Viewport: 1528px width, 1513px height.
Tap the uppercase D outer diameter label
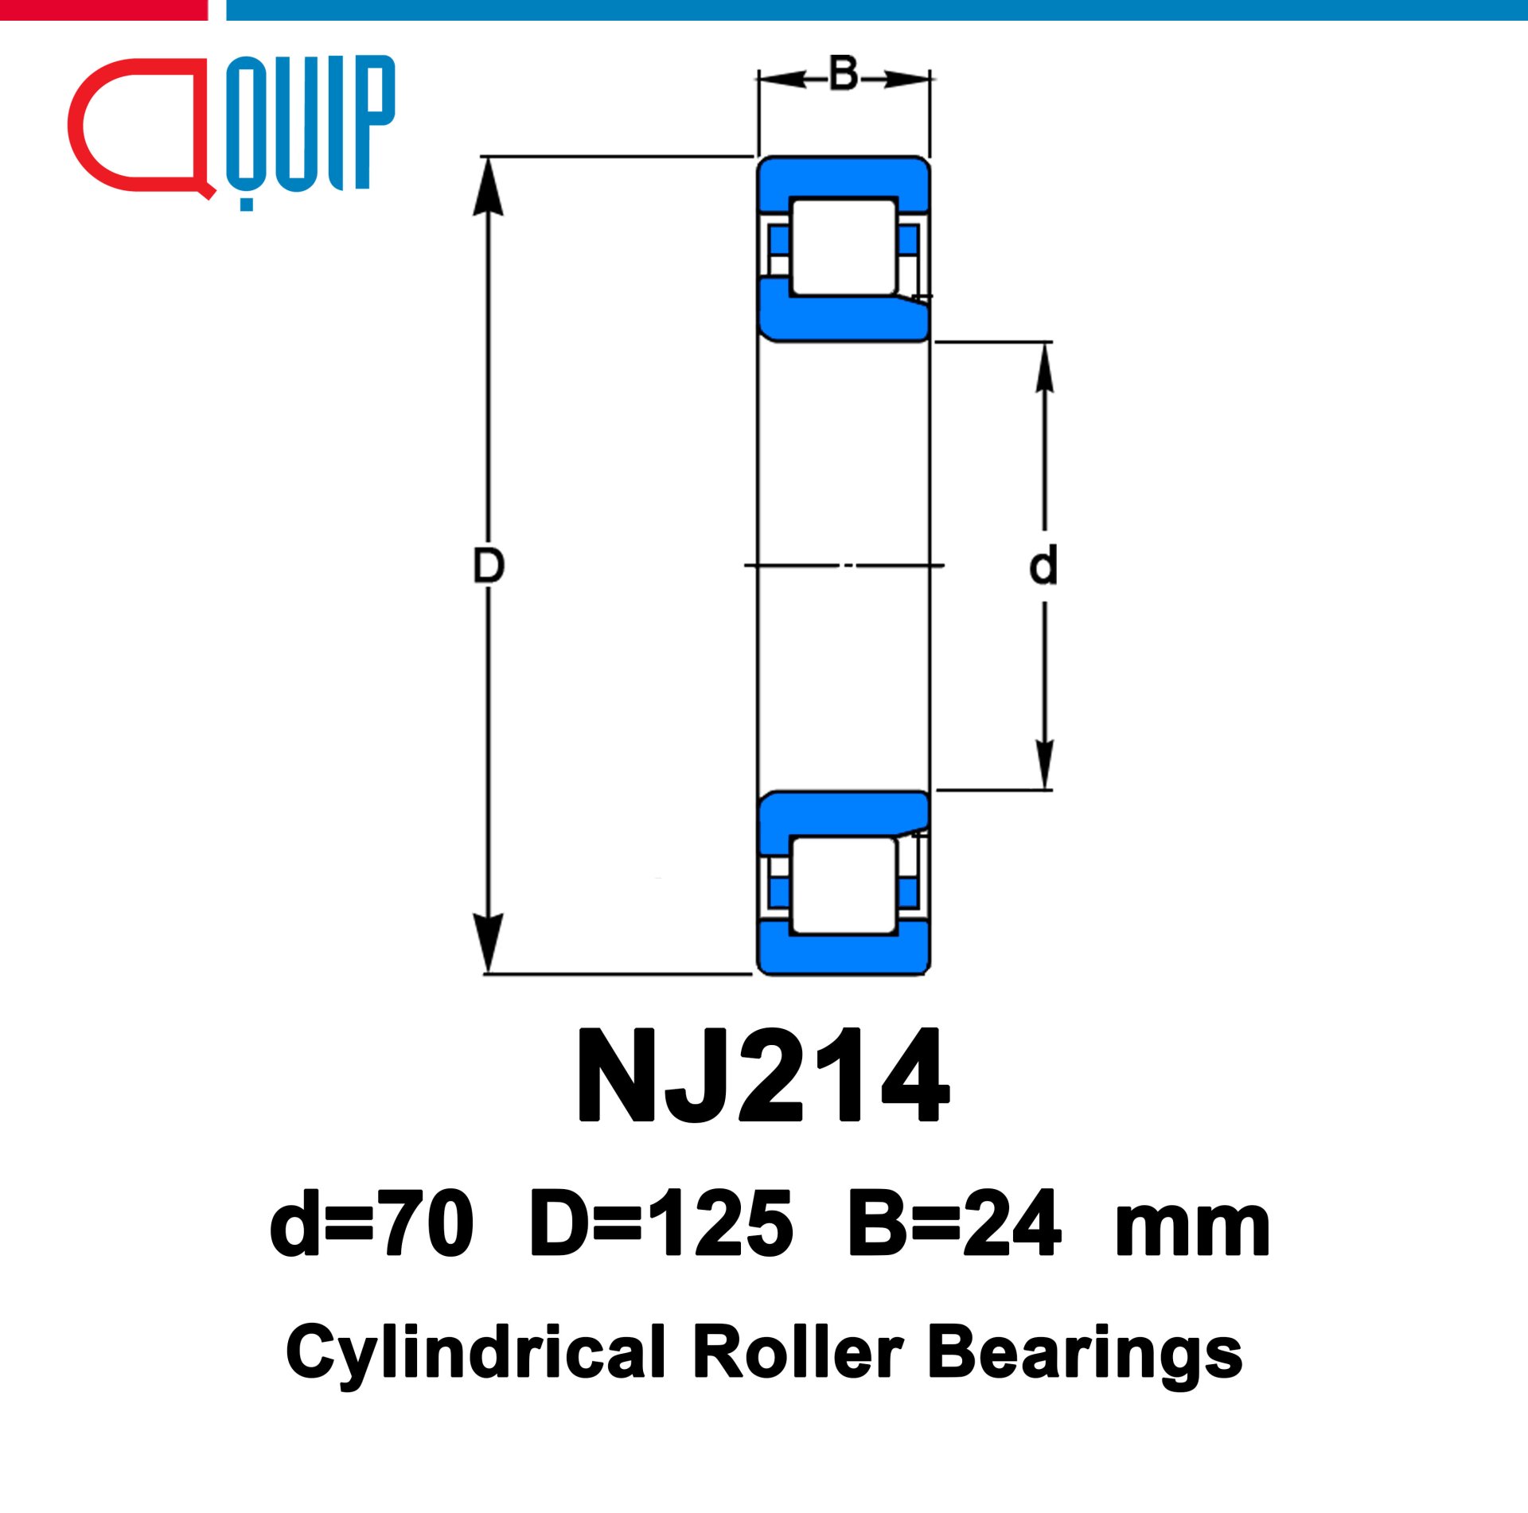(488, 565)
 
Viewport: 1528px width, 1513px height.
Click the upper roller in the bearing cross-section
(844, 247)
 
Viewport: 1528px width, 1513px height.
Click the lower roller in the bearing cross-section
(844, 885)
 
